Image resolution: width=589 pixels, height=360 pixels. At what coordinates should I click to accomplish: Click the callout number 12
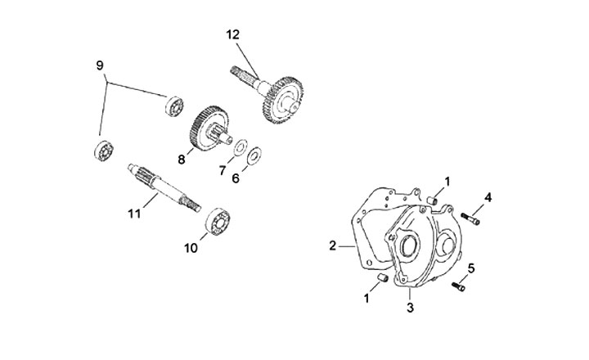point(233,34)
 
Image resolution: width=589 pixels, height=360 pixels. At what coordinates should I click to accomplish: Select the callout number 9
point(100,65)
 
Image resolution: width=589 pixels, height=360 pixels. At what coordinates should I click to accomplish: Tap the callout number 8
point(182,160)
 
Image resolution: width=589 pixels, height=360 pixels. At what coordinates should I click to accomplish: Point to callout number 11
point(134,214)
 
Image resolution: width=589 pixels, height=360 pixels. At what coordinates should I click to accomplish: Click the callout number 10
point(191,248)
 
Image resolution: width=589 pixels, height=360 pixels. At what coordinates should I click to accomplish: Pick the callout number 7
point(223,171)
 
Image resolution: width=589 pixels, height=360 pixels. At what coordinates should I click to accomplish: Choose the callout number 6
point(236,178)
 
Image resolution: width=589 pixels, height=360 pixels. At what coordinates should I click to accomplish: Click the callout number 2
point(332,246)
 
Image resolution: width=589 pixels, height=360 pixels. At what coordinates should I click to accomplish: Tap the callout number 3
point(410,308)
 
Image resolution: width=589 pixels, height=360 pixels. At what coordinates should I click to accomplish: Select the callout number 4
point(488,197)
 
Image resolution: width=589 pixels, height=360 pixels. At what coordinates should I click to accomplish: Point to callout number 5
point(471,268)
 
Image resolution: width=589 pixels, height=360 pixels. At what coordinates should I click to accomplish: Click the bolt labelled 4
point(470,218)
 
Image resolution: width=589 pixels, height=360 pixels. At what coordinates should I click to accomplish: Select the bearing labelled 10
point(218,221)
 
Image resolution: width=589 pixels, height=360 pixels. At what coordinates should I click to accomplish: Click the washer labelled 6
point(254,156)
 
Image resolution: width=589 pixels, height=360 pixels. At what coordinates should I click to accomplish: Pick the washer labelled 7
point(241,147)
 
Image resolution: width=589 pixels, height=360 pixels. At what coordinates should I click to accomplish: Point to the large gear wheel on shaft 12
point(283,100)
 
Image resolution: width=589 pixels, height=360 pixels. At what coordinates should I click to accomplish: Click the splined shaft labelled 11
point(164,187)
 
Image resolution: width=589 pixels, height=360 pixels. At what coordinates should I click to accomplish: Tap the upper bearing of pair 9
point(174,106)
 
